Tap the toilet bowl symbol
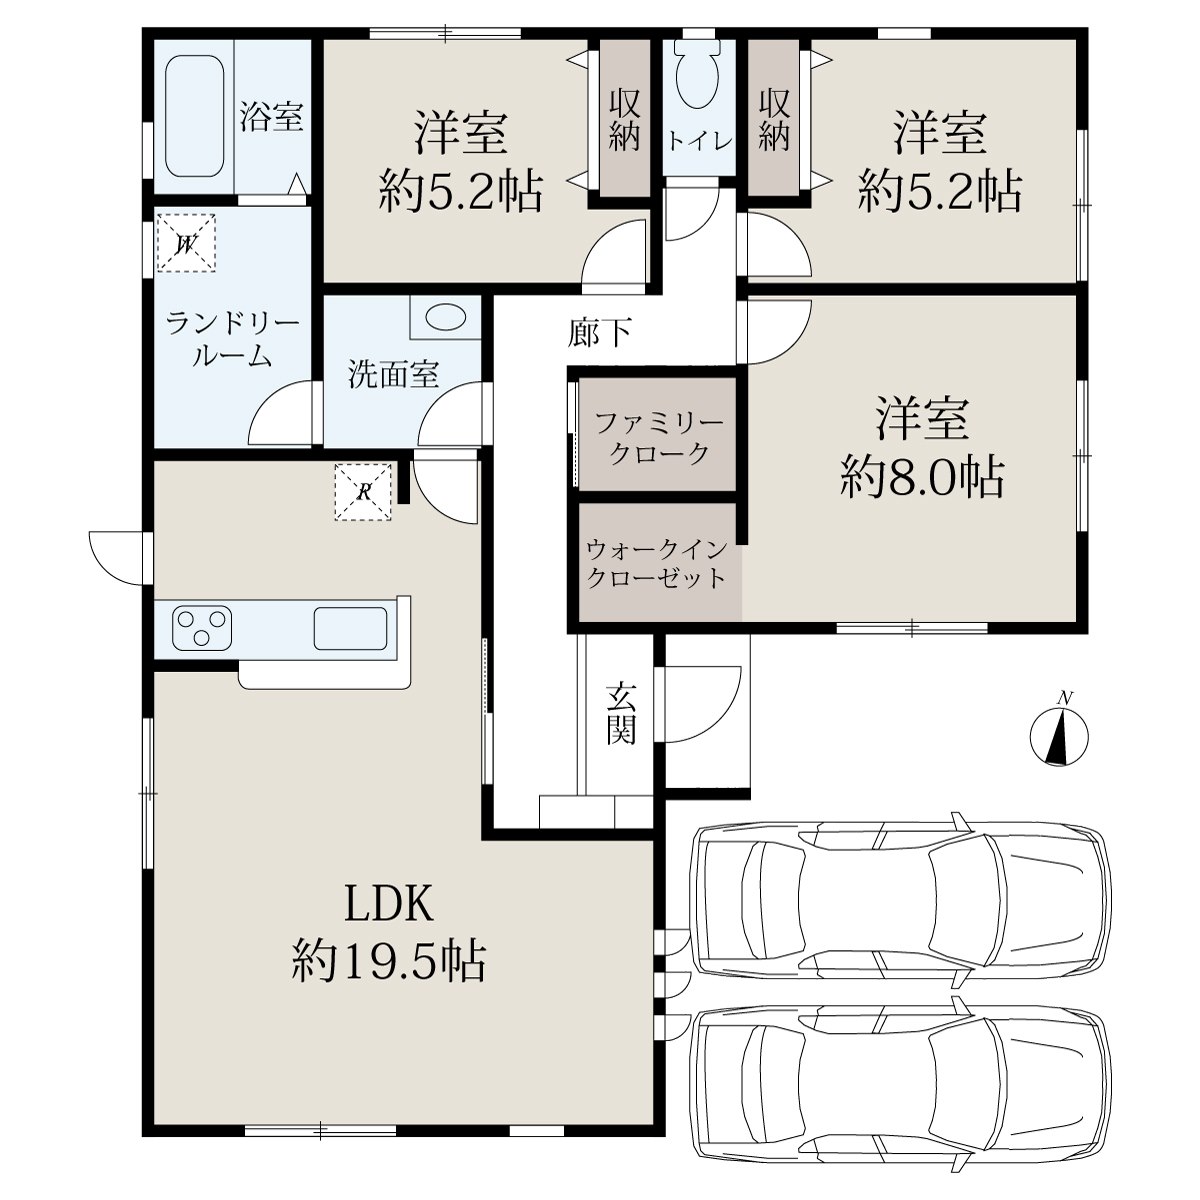click(x=697, y=78)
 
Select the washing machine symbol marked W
click(x=186, y=243)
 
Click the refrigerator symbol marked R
click(x=364, y=492)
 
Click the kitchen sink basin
click(x=350, y=628)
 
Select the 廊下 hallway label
click(x=600, y=332)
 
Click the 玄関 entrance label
click(x=621, y=714)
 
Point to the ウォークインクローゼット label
click(x=657, y=564)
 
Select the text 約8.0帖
click(x=922, y=478)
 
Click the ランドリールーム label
click(x=232, y=340)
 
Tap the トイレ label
click(x=699, y=141)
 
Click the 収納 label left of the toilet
click(x=624, y=120)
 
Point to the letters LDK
click(x=389, y=904)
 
